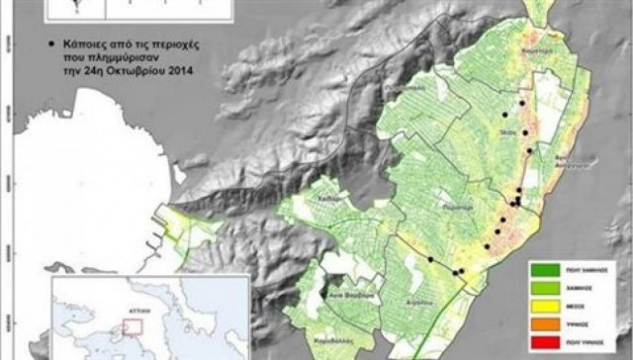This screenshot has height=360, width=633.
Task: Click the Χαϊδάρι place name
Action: [330, 197]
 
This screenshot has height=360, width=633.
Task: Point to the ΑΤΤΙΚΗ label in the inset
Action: [126, 308]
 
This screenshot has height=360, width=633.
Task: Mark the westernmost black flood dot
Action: [429, 259]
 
